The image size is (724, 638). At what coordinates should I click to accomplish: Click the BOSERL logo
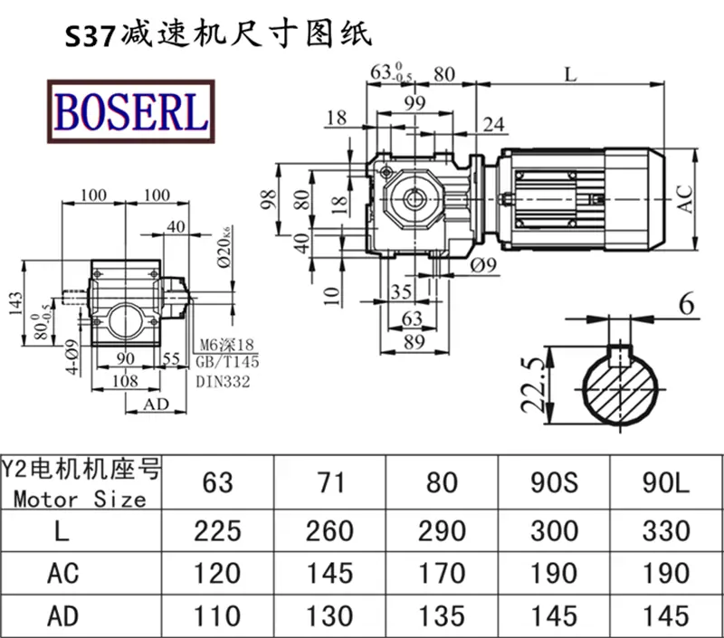131,111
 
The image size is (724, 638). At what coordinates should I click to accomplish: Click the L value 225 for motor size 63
217,531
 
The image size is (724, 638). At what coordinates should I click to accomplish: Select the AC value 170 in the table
442,574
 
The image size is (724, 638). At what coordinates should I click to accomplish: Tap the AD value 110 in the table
217,616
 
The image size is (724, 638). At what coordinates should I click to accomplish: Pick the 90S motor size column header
554,482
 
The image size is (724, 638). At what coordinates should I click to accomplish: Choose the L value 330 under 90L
666,531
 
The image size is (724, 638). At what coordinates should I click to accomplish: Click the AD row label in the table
62,616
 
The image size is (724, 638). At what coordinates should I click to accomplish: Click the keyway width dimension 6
687,305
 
